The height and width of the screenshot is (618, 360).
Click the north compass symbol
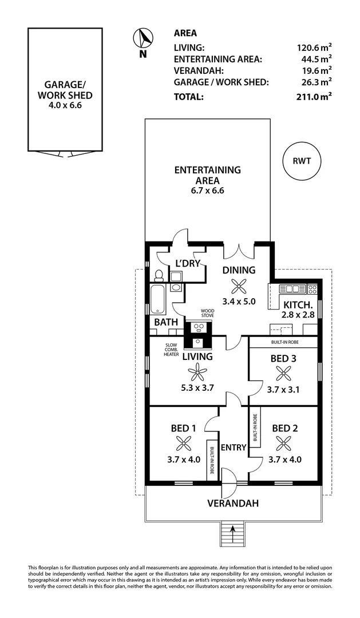pyautogui.click(x=143, y=39)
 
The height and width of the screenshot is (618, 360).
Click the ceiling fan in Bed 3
pyautogui.click(x=283, y=374)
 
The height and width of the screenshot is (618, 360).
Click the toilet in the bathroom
pyautogui.click(x=159, y=278)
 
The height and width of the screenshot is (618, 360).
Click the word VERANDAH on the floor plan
pyautogui.click(x=233, y=504)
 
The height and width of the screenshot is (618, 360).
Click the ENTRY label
pyautogui.click(x=234, y=447)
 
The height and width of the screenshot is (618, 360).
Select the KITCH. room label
pyautogui.click(x=297, y=304)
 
